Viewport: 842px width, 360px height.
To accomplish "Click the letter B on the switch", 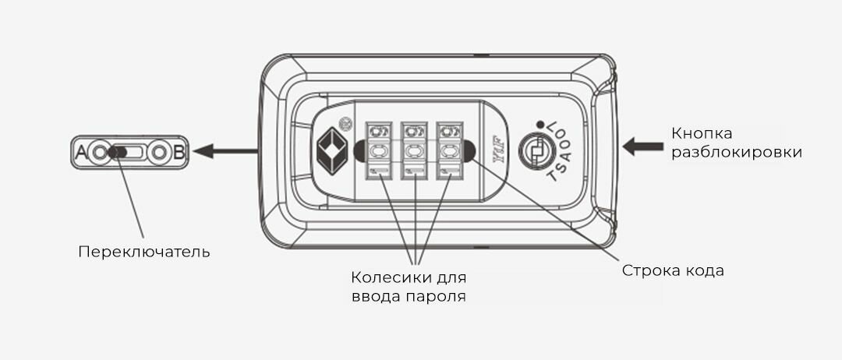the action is point(179,153).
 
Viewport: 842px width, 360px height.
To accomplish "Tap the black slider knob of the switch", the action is point(116,153).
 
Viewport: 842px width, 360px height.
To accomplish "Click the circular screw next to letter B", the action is point(159,153).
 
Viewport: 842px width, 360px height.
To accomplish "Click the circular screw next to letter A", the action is point(98,153).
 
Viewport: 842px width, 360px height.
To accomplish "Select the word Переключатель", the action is point(143,252).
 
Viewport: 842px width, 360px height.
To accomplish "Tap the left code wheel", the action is point(379,149).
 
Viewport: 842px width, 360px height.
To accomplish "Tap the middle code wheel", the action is point(415,149).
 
